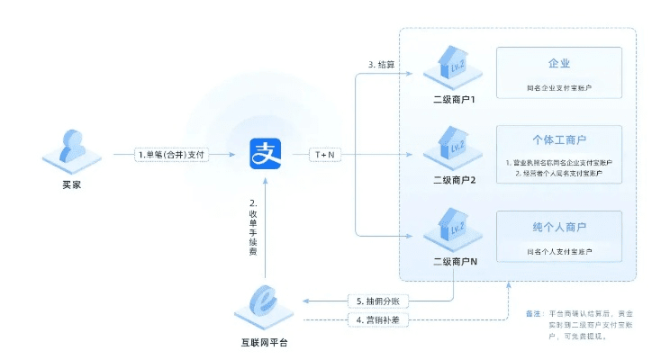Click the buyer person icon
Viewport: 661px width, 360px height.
pyautogui.click(x=69, y=149)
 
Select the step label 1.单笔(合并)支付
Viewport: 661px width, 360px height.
pyautogui.click(x=171, y=155)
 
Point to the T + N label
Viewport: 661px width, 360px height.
pyautogui.click(x=323, y=155)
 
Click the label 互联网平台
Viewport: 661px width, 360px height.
pyautogui.click(x=267, y=343)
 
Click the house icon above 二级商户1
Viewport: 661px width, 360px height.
pyautogui.click(x=454, y=64)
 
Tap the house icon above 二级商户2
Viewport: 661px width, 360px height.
pyautogui.click(x=454, y=145)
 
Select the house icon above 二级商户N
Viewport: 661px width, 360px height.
pyautogui.click(x=454, y=226)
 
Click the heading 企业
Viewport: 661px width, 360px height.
pyautogui.click(x=559, y=64)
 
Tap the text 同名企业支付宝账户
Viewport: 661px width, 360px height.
pyautogui.click(x=559, y=89)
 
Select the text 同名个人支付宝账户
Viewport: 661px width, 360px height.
pyautogui.click(x=559, y=252)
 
